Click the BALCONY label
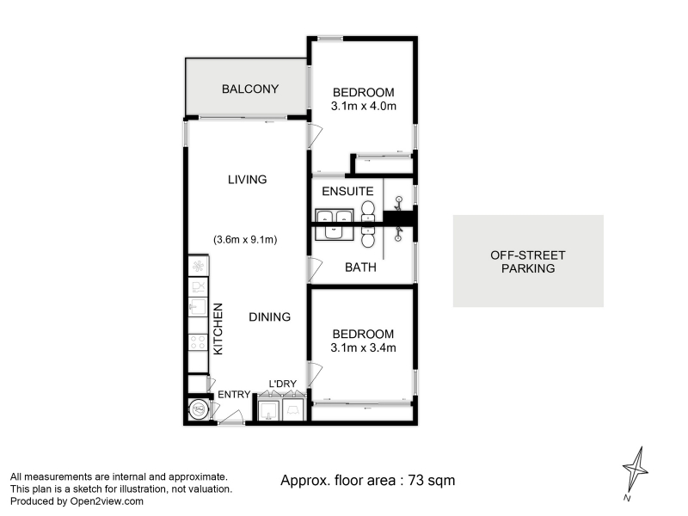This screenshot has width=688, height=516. pyautogui.click(x=250, y=89)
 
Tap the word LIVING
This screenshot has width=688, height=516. pyautogui.click(x=248, y=180)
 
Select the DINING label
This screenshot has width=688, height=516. pyautogui.click(x=269, y=316)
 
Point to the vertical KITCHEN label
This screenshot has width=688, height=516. pyautogui.click(x=218, y=329)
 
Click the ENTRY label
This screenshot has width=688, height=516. pyautogui.click(x=234, y=395)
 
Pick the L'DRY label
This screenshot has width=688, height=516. pyautogui.click(x=283, y=384)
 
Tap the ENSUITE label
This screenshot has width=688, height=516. pyautogui.click(x=347, y=191)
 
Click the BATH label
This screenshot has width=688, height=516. pyautogui.click(x=360, y=267)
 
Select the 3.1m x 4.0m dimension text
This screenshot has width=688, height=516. pyautogui.click(x=363, y=106)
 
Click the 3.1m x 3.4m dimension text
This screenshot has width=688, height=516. pyautogui.click(x=363, y=348)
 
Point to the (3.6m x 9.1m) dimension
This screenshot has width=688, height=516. pyautogui.click(x=245, y=240)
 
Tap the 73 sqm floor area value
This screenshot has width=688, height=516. pyautogui.click(x=432, y=481)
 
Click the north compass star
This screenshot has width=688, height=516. pyautogui.click(x=636, y=470)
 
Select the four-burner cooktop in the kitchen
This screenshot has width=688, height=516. pyautogui.click(x=198, y=342)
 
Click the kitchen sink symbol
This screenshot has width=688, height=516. pyautogui.click(x=198, y=307)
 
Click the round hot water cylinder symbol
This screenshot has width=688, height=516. pyautogui.click(x=199, y=410)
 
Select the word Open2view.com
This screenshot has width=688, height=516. pyautogui.click(x=107, y=501)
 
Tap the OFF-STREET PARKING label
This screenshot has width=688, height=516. pyautogui.click(x=528, y=262)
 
